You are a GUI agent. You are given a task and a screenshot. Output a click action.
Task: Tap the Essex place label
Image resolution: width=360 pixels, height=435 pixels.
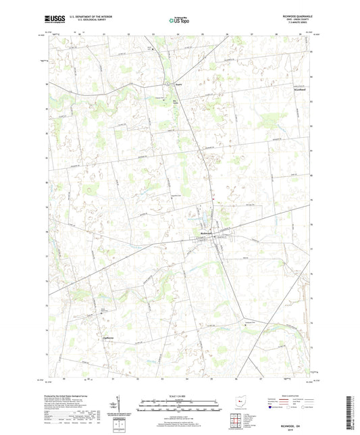(179, 84)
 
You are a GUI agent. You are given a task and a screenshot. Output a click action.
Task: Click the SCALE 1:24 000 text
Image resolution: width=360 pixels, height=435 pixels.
(179, 396)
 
